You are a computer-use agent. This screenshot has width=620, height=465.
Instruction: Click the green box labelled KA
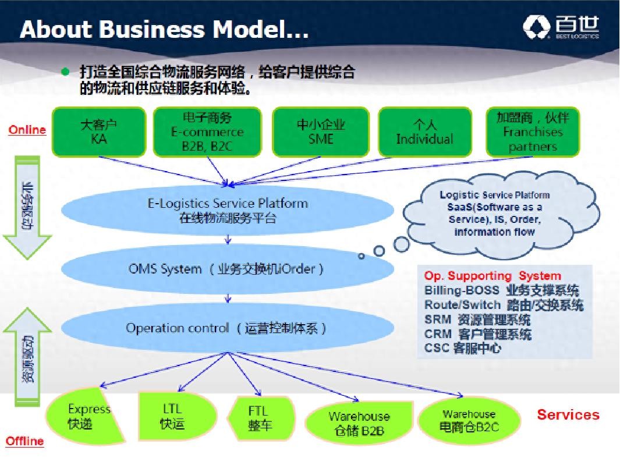click(x=98, y=132)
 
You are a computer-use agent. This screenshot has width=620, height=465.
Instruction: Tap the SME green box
click(x=321, y=132)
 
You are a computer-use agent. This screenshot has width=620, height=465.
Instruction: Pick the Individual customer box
click(x=424, y=132)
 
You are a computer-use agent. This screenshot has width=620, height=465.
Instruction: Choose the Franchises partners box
click(x=532, y=132)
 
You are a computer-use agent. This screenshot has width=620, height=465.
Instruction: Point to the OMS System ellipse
click(x=227, y=269)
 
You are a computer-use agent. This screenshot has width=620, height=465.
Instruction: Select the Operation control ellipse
click(x=227, y=328)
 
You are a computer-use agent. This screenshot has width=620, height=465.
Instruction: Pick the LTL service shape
click(x=172, y=417)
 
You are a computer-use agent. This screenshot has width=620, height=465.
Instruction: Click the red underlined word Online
click(x=27, y=130)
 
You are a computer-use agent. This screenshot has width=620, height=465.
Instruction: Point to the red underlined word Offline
click(x=24, y=441)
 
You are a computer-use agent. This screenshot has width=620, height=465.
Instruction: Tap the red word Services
click(x=568, y=415)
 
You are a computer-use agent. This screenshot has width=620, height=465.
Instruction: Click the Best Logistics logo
click(x=561, y=27)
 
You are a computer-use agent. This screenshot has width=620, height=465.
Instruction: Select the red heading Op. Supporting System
click(x=493, y=276)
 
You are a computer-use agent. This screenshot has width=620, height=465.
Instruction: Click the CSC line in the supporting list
click(x=463, y=349)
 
